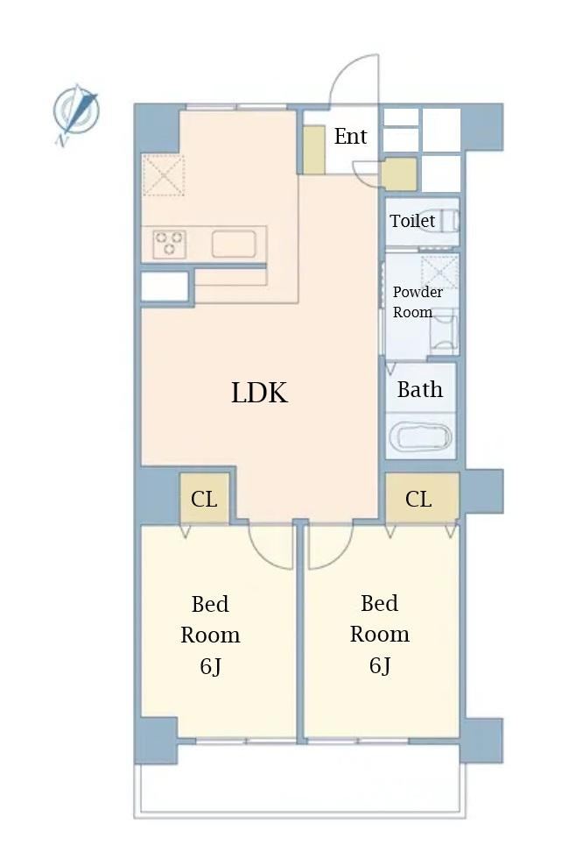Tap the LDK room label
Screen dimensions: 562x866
coord(259,393)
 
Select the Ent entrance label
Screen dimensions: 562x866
coord(350,136)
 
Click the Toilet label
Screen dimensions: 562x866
coord(412,221)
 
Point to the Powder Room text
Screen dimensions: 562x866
coord(418,302)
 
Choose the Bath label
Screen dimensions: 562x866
coord(419,389)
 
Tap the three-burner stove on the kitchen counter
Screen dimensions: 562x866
coord(169,245)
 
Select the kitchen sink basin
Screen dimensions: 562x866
coord(234,245)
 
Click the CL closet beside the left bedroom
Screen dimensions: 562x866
coord(205,498)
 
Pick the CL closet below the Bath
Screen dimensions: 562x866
coord(422,498)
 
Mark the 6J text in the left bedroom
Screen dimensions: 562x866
coord(210,666)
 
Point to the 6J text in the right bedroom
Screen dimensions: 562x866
coord(379,665)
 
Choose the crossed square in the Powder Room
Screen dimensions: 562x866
coord(439,271)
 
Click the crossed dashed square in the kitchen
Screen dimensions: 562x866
coord(163,175)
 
